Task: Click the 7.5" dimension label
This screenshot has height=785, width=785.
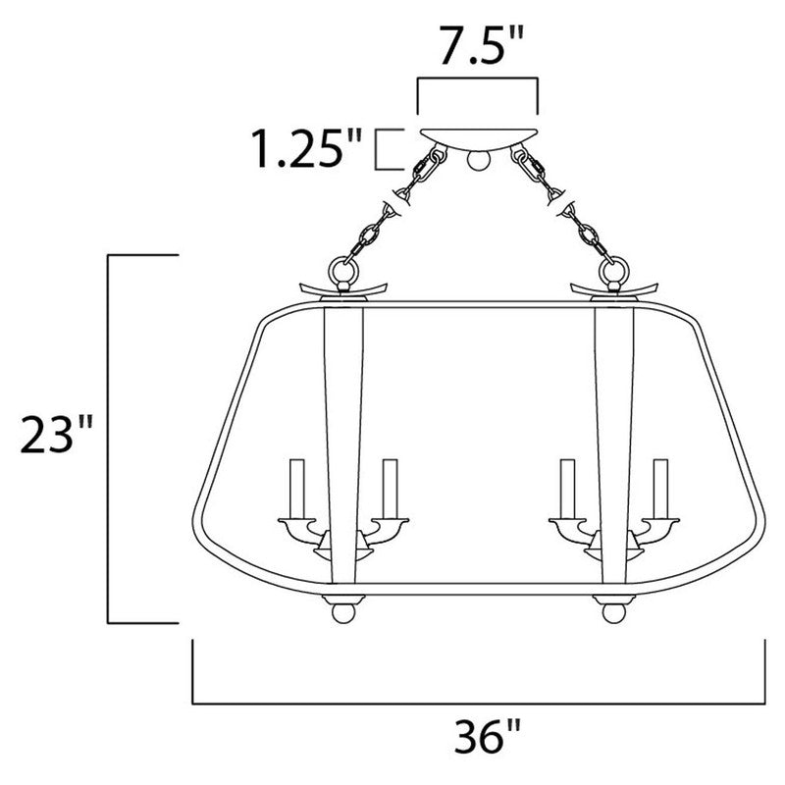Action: click(479, 46)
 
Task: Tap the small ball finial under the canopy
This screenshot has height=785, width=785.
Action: click(478, 158)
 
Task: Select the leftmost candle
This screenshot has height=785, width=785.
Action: click(294, 487)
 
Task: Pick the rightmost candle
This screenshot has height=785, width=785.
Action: click(661, 487)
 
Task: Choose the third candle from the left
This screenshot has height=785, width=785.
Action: click(566, 487)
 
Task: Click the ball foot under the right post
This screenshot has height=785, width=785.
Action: click(611, 611)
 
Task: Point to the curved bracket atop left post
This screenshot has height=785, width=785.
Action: click(343, 288)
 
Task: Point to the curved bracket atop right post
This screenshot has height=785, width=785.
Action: click(613, 288)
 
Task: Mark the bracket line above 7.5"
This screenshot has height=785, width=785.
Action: click(478, 81)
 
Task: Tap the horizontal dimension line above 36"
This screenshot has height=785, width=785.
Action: click(478, 703)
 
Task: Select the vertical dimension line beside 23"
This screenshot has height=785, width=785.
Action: click(107, 438)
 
